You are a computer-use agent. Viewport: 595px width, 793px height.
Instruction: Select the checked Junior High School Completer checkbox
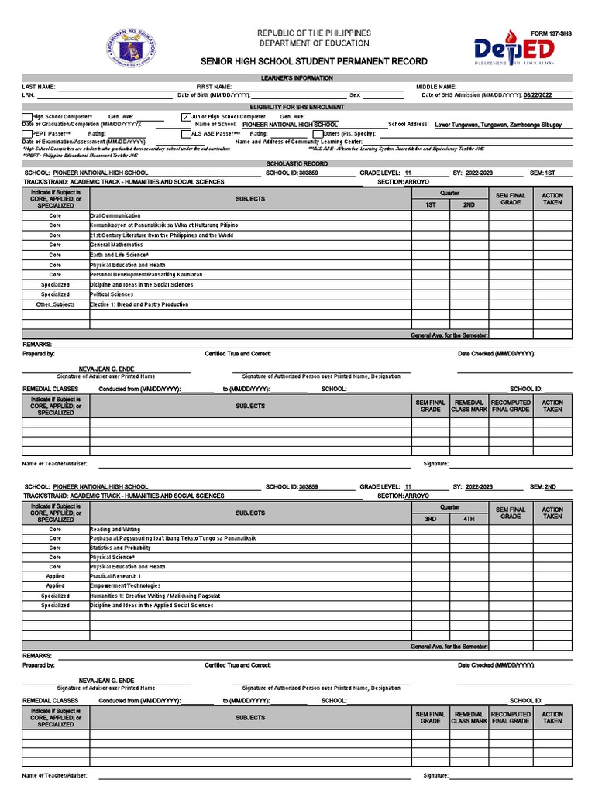[184, 117]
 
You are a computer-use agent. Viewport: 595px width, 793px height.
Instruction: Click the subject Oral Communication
[115, 215]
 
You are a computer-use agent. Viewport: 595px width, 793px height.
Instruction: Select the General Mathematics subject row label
[116, 245]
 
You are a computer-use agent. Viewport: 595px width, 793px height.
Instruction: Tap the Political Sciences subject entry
[112, 294]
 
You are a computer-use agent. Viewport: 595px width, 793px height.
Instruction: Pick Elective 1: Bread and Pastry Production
[139, 304]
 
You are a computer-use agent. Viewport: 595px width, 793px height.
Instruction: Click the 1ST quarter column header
[430, 205]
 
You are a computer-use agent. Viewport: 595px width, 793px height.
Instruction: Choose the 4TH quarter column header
[469, 519]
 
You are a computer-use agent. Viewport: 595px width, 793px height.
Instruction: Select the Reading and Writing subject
[115, 528]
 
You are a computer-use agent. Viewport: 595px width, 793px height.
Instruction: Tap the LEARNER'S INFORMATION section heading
[297, 78]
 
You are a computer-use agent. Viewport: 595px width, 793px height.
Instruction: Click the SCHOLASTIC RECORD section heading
[297, 164]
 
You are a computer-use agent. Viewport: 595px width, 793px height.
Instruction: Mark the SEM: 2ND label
[543, 486]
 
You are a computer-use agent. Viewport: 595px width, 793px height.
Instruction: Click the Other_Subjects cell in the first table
[55, 304]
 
